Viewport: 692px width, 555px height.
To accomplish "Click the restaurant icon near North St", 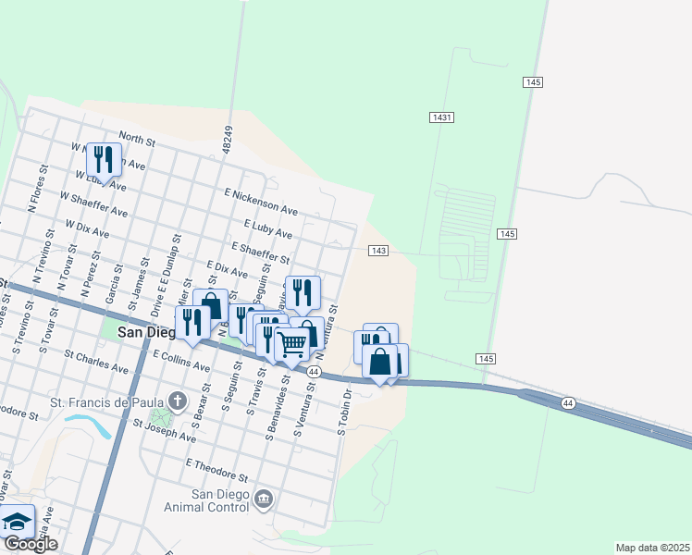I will pyautogui.click(x=104, y=159).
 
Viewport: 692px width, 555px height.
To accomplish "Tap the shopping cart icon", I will pyautogui.click(x=292, y=344).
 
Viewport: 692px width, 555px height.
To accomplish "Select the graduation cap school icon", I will pyautogui.click(x=16, y=523).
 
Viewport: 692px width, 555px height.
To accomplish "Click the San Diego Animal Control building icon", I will pyautogui.click(x=265, y=499).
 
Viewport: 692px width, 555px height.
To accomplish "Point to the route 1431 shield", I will pyautogui.click(x=441, y=117).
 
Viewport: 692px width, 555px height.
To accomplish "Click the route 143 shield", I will pyautogui.click(x=377, y=251).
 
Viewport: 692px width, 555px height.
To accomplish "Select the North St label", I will pyautogui.click(x=137, y=139).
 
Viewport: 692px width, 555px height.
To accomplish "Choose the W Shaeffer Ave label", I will pyautogui.click(x=93, y=203).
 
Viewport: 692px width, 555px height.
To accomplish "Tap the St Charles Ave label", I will pyautogui.click(x=96, y=361).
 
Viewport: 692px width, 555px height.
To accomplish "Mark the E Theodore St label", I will pyautogui.click(x=218, y=469).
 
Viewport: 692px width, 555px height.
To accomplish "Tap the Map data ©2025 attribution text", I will pyautogui.click(x=652, y=548).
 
